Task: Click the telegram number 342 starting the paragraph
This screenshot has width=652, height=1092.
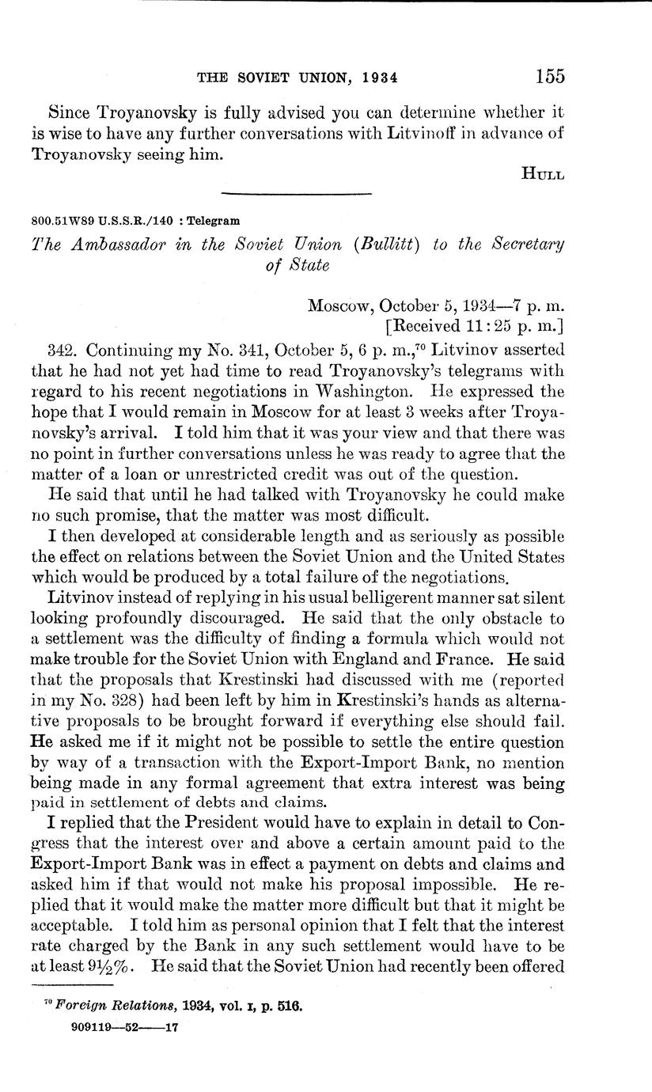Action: (61, 349)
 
